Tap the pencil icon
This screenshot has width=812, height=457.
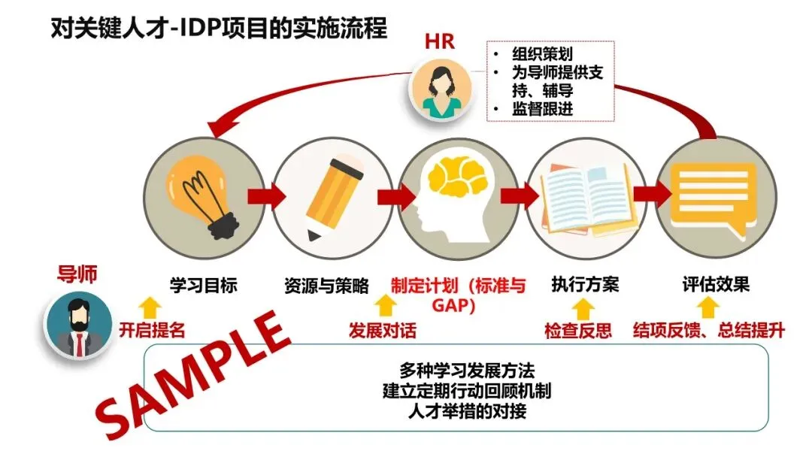pos(329,196)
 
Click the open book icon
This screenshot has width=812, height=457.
pos(586,196)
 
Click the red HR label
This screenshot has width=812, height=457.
pos(440,41)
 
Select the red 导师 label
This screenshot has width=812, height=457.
pos(77,274)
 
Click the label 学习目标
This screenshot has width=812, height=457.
pos(203,286)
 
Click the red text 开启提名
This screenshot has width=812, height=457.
pos(152,329)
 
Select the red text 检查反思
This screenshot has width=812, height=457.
pos(578,330)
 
